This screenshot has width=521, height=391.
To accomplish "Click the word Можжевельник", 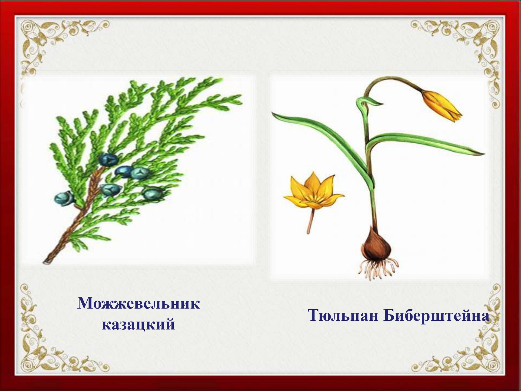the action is [139, 304].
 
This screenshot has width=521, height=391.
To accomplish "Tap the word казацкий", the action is [138, 324].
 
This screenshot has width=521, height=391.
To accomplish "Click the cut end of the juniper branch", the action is [46, 261].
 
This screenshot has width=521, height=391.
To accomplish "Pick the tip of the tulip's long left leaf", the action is [273, 113].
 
